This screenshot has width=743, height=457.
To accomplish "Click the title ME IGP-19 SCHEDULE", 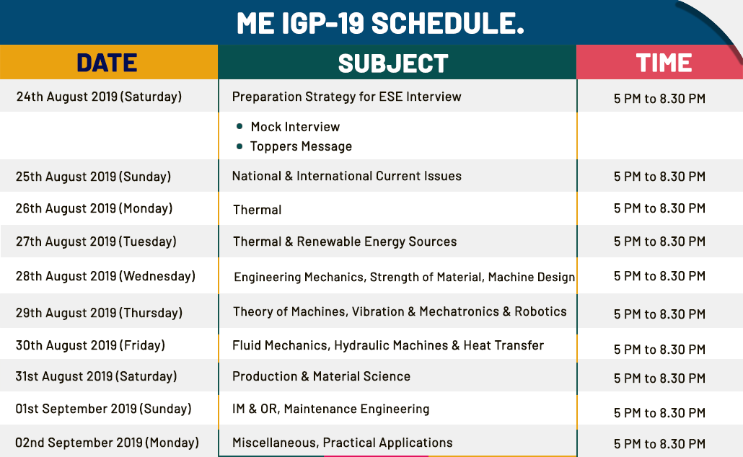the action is [380, 23].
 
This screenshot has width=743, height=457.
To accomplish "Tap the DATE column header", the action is [107, 63].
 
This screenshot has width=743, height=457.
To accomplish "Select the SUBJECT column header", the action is [393, 63].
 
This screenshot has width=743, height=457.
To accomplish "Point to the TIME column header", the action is [664, 63].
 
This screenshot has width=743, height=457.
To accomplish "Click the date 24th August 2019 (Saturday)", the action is [99, 97].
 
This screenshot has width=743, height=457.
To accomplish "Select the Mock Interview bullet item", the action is [295, 127].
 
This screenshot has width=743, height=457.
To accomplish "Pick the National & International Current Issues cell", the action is [346, 176].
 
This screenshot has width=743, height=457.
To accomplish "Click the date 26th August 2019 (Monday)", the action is [94, 208].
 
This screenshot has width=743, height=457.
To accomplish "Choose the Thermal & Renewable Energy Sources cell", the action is [345, 241].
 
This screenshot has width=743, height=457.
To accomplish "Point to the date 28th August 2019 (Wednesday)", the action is [105, 276].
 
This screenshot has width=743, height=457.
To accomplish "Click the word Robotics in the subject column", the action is [540, 311].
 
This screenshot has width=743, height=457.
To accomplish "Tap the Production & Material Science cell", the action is [321, 376].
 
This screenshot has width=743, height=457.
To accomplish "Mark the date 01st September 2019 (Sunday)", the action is [103, 409].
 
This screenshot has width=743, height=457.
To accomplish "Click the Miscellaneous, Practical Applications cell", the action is [342, 443].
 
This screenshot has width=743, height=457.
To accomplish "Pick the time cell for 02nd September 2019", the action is [659, 444].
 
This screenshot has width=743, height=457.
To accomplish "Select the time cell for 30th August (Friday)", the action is [659, 350].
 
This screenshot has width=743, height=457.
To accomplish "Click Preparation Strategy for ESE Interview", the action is [346, 97].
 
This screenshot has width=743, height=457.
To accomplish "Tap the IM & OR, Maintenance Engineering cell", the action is [331, 409].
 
